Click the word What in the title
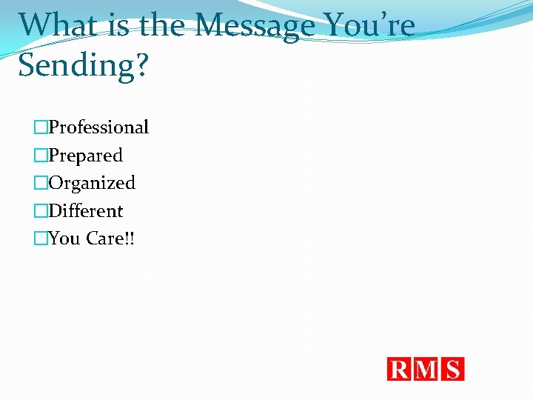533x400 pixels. [56, 25]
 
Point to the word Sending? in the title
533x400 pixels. [84, 66]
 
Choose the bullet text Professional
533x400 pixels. [98, 127]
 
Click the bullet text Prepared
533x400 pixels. [85, 156]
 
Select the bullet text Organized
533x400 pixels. [92, 183]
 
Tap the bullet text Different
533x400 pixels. [85, 211]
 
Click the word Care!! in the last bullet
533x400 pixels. [121, 239]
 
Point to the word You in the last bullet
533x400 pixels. [64, 239]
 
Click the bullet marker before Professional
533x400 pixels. [40, 127]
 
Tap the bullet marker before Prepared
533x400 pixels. [40, 156]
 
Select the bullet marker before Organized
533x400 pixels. [40, 183]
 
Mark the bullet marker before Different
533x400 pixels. [40, 211]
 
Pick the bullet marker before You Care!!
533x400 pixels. [40, 239]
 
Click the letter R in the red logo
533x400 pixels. [400, 369]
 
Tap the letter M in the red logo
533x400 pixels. [427, 369]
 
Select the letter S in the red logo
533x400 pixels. [453, 369]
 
